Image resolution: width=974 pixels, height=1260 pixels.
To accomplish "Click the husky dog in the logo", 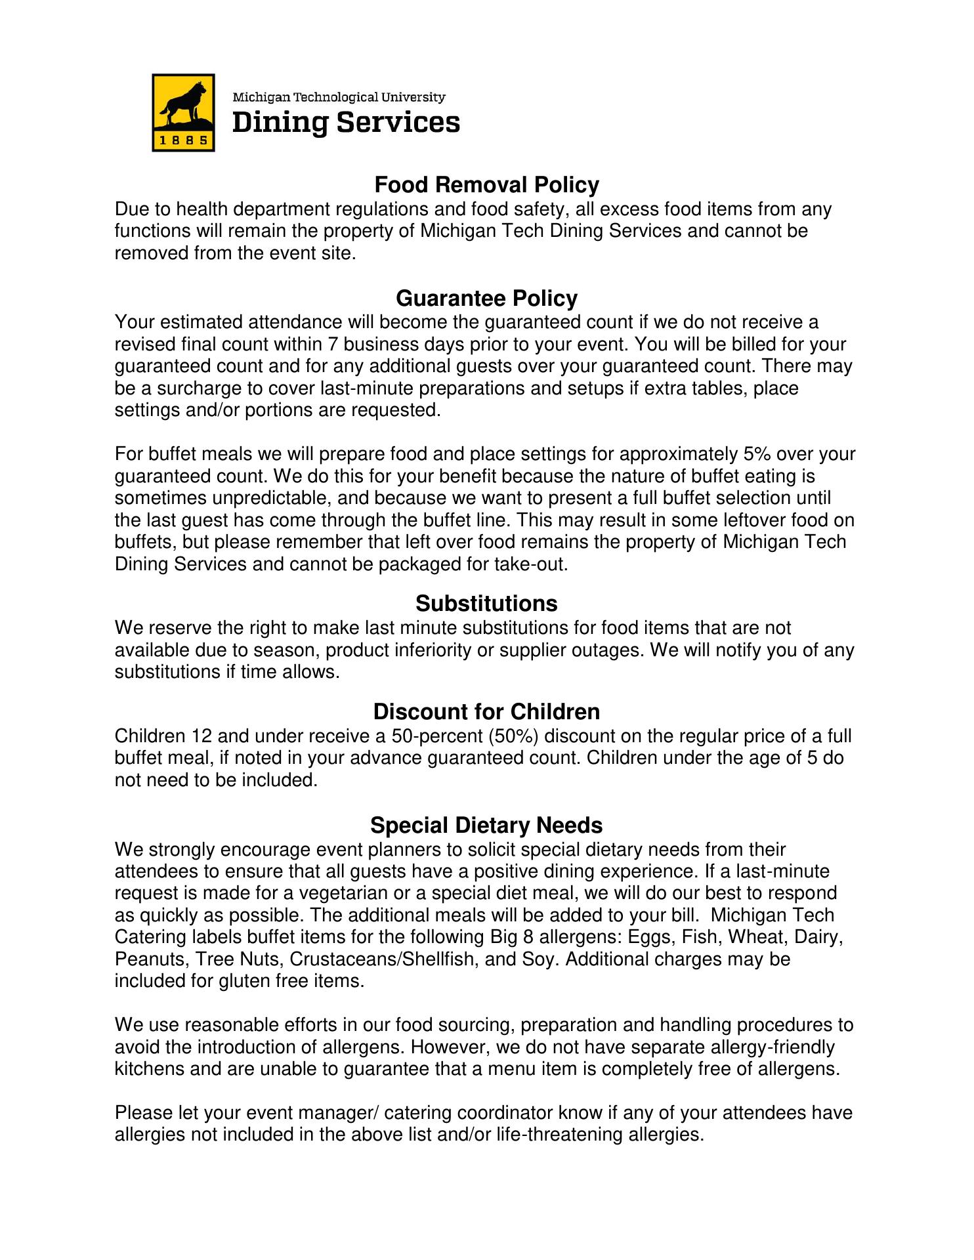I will click(x=183, y=104).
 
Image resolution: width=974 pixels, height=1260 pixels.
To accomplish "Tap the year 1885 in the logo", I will click(x=183, y=139).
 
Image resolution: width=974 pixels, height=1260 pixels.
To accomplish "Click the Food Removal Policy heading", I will click(x=486, y=185).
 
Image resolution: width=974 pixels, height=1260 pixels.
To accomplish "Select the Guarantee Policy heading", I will click(x=486, y=299).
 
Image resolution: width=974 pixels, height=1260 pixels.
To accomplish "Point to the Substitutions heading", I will click(x=486, y=603).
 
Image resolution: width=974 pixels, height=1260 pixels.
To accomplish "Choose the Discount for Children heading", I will click(x=486, y=711).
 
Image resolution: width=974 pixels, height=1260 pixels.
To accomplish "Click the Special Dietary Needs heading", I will click(x=486, y=824).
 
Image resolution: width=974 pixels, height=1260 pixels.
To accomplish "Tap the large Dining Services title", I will click(x=347, y=123).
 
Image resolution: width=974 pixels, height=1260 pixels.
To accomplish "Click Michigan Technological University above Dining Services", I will click(x=340, y=98).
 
